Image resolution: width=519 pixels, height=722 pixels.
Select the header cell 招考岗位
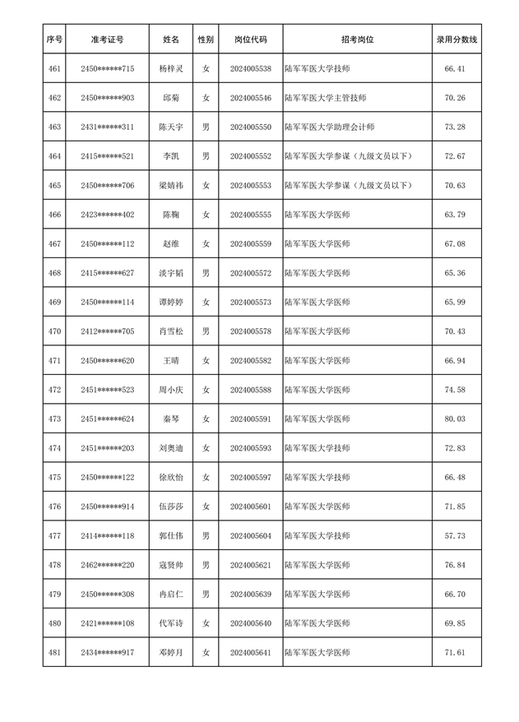[357, 39]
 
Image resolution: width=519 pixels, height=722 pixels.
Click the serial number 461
[54, 69]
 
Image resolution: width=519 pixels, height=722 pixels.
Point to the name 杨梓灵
[171, 69]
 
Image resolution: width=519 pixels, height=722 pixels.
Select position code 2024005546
[251, 98]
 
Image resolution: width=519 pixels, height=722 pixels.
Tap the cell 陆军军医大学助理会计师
[329, 127]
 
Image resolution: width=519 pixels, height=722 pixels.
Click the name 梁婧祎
[171, 186]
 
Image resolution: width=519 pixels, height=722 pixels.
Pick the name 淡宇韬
[171, 273]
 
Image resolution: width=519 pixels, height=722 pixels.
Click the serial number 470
[54, 331]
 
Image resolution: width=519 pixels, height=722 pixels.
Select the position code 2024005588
[251, 390]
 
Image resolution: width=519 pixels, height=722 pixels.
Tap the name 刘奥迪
[171, 448]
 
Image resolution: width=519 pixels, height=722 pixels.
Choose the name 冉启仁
[171, 595]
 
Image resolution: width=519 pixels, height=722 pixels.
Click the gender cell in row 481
[206, 653]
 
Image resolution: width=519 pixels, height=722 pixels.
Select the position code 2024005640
[251, 623]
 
